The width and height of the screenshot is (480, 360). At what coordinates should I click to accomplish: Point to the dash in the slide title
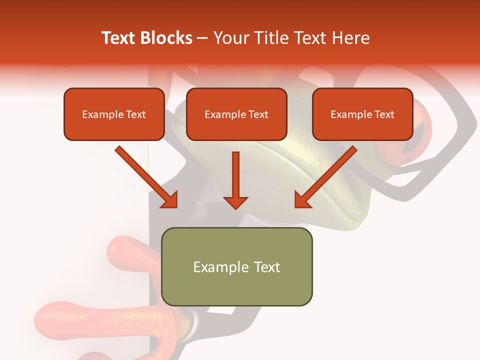202,38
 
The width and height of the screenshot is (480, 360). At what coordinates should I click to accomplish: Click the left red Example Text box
114,114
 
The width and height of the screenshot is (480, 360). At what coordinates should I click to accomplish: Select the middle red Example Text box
236,114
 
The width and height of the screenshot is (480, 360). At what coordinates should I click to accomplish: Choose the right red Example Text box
362,114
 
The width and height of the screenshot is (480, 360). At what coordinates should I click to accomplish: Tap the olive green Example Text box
236,266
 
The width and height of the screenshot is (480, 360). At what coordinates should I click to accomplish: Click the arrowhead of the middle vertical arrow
235,201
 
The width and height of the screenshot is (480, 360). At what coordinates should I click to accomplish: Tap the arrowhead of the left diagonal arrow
169,199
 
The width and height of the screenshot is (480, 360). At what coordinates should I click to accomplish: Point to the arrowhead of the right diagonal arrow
303,199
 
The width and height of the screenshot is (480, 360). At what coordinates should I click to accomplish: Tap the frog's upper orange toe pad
127,250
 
